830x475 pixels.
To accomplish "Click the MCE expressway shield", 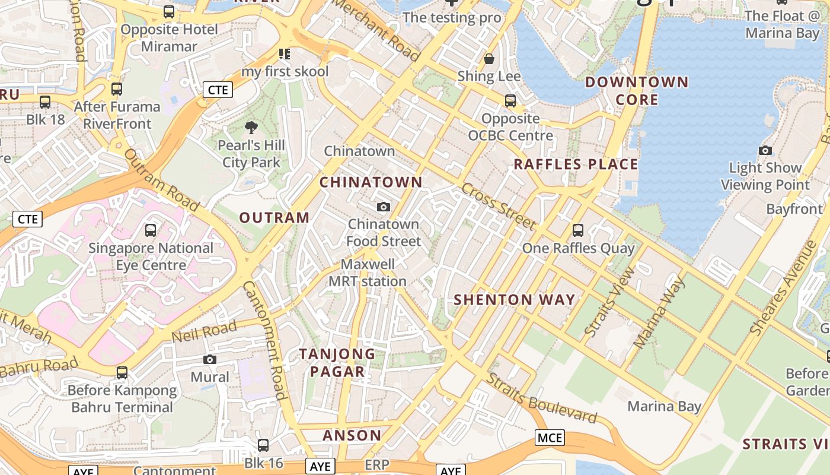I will [550, 438].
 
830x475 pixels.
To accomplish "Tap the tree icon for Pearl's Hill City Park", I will [251, 127].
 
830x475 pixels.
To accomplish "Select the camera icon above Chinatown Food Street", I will [384, 207].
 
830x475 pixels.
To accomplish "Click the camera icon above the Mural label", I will [209, 359].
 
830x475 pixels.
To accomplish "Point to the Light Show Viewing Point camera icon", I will [765, 151].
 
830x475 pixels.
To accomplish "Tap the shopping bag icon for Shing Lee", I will [489, 59].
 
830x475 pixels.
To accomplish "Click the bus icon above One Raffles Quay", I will [578, 230].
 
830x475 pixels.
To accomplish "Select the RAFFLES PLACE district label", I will [576, 164].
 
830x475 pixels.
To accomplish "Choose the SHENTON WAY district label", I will [515, 300].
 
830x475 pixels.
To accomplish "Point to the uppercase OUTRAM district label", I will [274, 218].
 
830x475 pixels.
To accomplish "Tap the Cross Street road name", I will [498, 207].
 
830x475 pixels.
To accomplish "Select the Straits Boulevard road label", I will [541, 398].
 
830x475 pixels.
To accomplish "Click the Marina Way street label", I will [659, 312].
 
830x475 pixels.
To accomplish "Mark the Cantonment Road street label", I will [264, 340].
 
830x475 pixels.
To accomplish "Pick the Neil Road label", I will [204, 331].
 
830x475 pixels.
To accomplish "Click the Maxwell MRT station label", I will [368, 273].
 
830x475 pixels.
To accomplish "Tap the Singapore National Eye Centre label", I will [151, 256].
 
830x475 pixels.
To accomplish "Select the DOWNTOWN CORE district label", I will [637, 91].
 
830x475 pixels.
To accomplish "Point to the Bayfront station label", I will [794, 209].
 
